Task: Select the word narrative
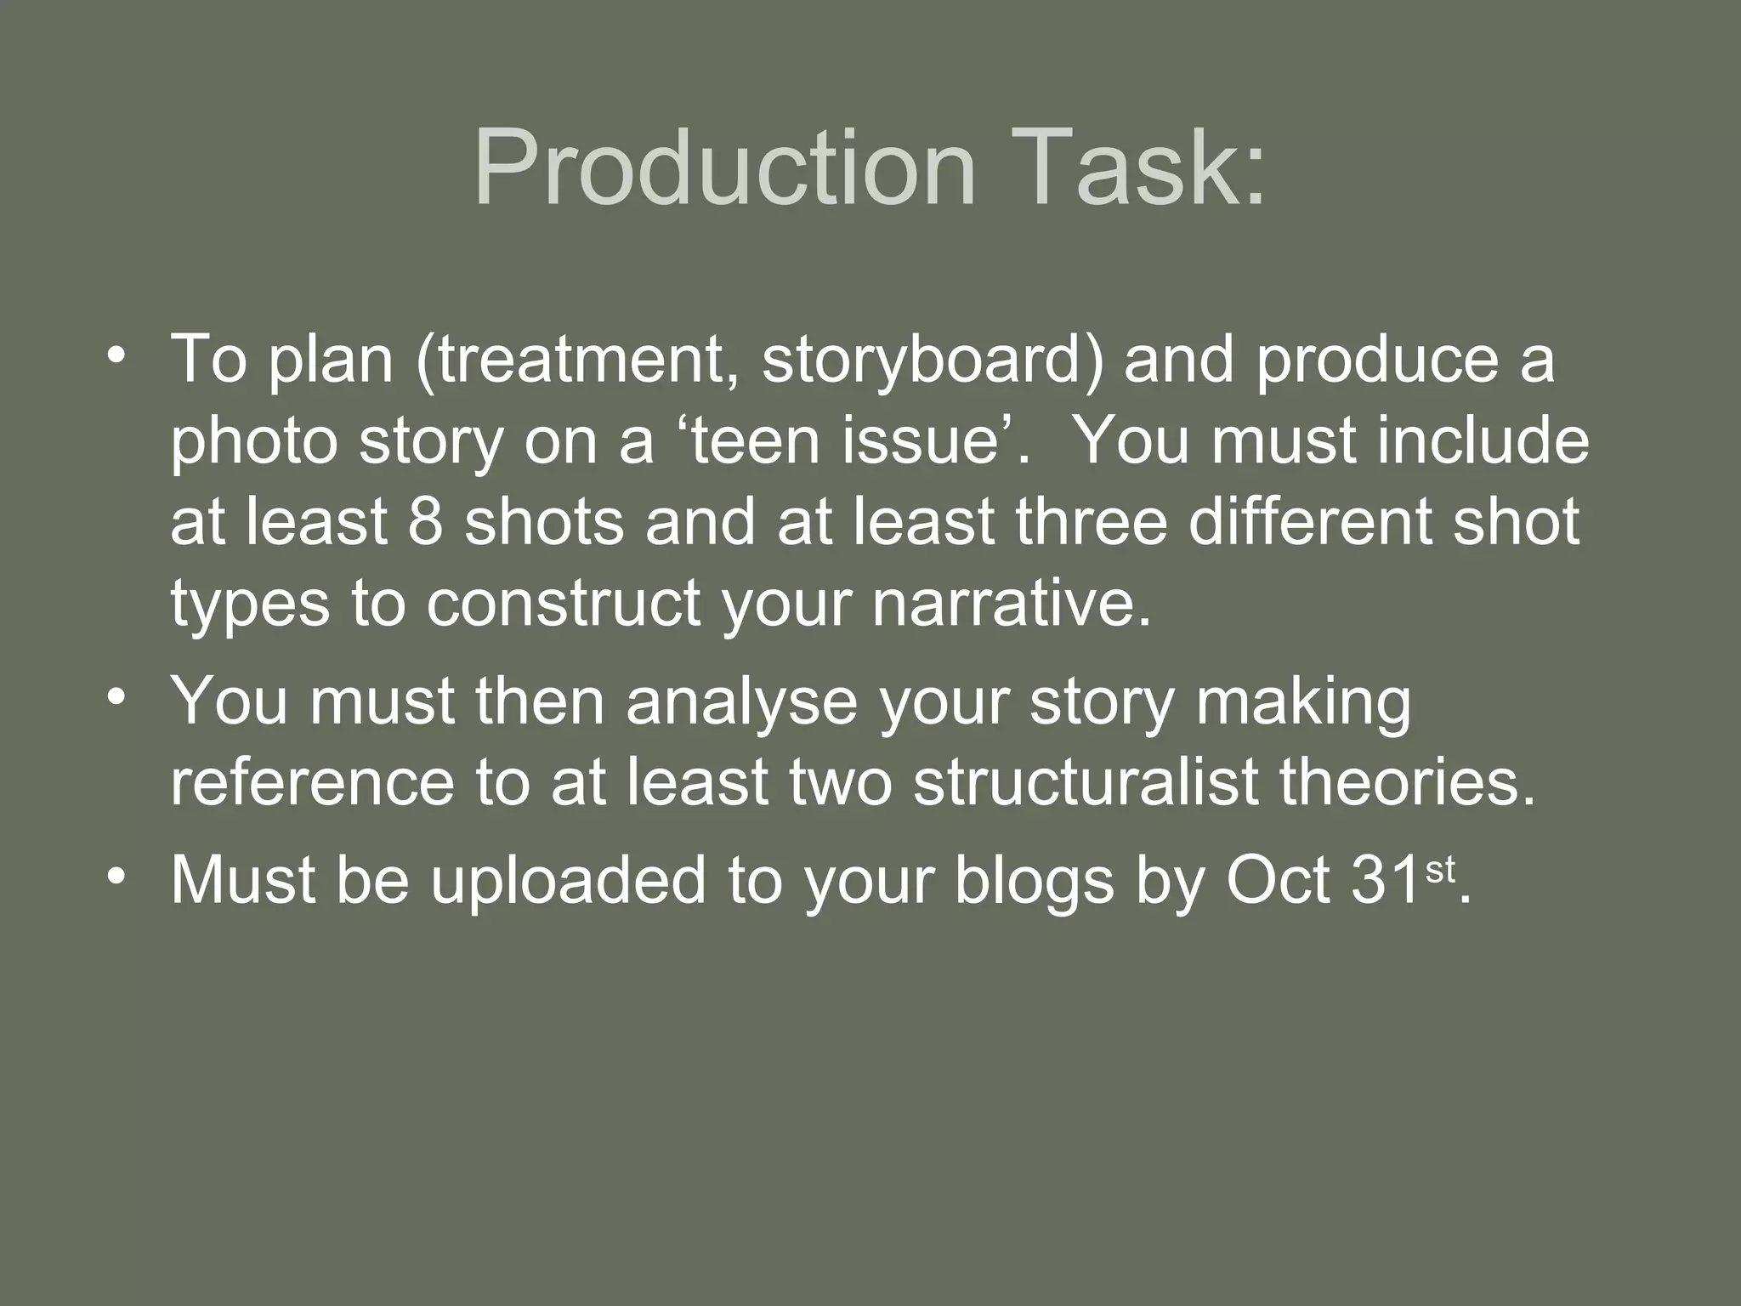[x=1011, y=603]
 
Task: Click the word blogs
[x=1034, y=880]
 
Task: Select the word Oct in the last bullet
[x=1279, y=880]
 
